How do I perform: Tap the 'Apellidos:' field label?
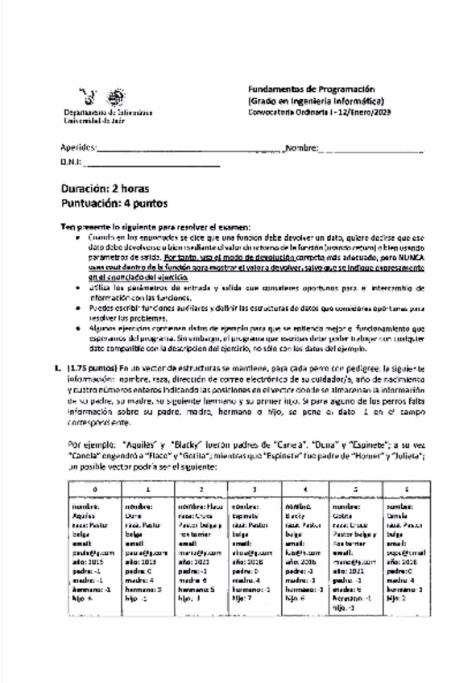click(x=79, y=148)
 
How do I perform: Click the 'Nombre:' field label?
click(x=301, y=148)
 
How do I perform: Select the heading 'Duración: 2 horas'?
click(x=106, y=188)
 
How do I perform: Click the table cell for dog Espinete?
click(x=253, y=552)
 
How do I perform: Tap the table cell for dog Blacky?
click(x=306, y=552)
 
